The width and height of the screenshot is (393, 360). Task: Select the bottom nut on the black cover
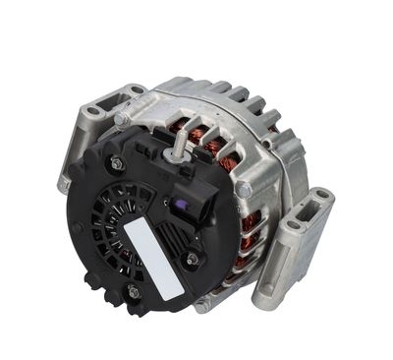pyautogui.click(x=132, y=290)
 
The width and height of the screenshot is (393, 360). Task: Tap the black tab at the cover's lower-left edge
pyautogui.click(x=94, y=280)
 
